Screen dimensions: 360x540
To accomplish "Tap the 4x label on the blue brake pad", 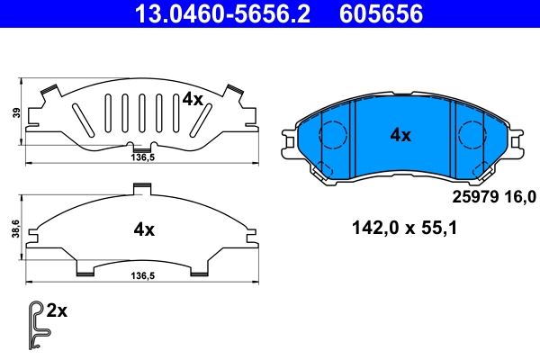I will coord(400,135).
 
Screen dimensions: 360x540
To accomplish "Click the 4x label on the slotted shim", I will coord(192,99).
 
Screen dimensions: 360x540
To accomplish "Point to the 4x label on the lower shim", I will coord(144,229).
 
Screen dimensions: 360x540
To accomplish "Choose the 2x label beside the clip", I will coord(57,311).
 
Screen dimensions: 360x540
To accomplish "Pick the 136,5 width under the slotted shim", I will coord(136,156).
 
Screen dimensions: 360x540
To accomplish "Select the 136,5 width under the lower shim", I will coord(136,277).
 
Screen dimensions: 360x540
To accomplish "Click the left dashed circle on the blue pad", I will coord(333,135).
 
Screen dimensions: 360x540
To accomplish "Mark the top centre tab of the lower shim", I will coord(140,187).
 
